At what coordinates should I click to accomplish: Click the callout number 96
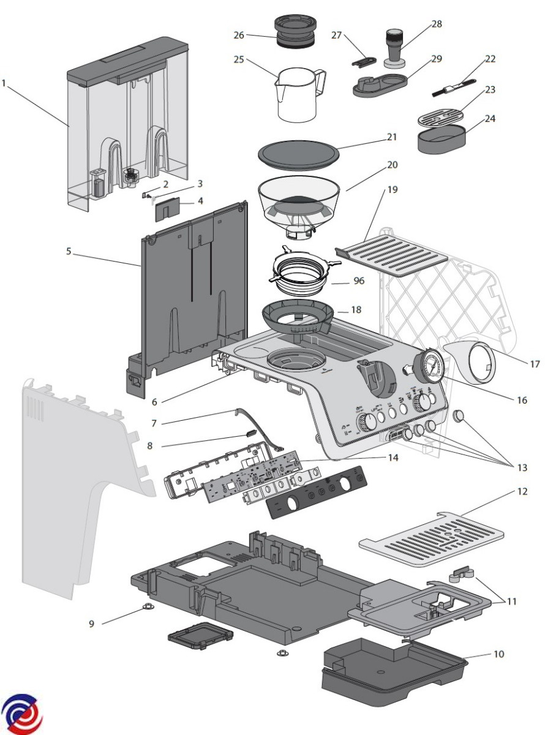[x=359, y=282]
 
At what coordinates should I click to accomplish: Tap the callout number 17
[x=535, y=364]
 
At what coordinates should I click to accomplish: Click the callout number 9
[x=92, y=624]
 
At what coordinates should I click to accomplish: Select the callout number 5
[x=69, y=251]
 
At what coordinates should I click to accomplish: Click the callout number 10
[x=498, y=655]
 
